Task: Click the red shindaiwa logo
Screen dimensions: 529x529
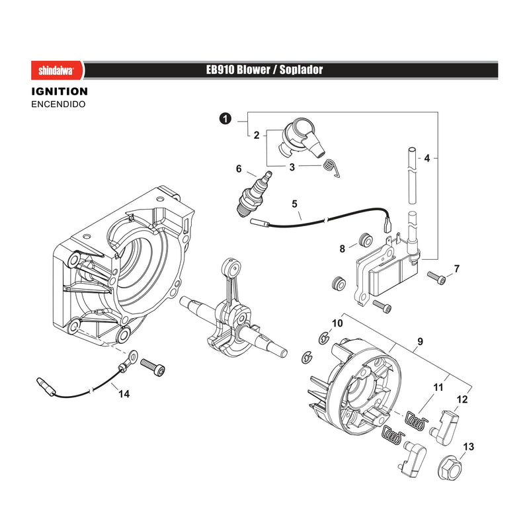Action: [x=57, y=70]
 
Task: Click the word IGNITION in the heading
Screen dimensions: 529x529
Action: [x=60, y=91]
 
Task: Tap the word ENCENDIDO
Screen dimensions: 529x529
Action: [x=58, y=104]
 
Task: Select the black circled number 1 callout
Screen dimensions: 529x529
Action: [x=225, y=119]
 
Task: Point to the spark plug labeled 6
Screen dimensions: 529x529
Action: [x=255, y=194]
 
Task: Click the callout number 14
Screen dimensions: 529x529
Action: [x=124, y=393]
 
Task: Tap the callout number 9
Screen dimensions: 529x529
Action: [x=420, y=341]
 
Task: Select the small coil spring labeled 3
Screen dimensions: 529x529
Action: [x=331, y=167]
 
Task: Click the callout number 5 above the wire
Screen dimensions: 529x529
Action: [x=294, y=204]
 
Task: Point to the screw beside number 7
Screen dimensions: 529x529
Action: [x=436, y=278]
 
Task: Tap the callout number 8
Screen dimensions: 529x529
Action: [x=342, y=249]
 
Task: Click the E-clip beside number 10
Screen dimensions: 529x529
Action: [x=324, y=338]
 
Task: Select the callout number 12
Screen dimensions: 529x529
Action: [x=462, y=399]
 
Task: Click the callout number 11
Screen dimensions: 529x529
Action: [x=438, y=387]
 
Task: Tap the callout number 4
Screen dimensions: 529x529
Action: [x=427, y=158]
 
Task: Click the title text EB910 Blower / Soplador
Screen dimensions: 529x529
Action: [x=264, y=70]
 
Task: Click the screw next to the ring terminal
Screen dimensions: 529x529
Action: [x=153, y=367]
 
